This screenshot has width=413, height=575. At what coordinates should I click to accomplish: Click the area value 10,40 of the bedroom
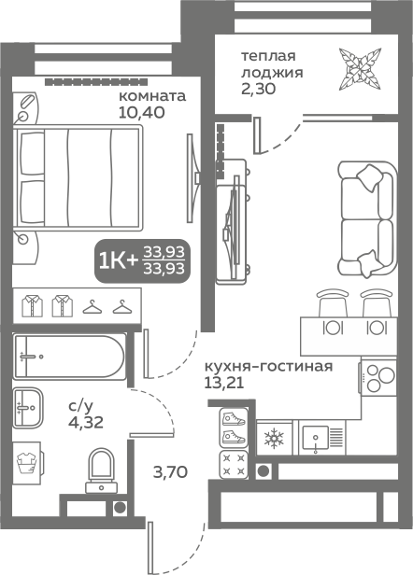coord(142,113)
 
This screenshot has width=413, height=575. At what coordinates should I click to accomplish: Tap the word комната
coord(152,96)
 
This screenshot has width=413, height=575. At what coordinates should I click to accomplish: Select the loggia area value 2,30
coord(258,89)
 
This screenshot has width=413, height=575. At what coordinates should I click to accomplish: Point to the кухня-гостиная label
coord(268,366)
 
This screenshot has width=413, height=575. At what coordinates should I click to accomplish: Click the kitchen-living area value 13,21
coord(224,384)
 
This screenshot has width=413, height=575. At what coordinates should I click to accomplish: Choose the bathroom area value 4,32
coord(86,423)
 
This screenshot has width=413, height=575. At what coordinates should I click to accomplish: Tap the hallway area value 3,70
coord(170,472)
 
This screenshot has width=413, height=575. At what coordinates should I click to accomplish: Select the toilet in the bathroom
coord(101,470)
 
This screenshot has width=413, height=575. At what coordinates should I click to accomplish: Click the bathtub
coord(69,356)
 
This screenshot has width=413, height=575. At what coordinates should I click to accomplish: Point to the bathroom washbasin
coord(28,407)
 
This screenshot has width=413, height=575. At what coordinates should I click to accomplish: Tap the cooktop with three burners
coord(378,377)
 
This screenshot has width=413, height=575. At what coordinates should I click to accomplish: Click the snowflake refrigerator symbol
coord(274,438)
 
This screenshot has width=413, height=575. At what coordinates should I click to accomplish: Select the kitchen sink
coord(315,438)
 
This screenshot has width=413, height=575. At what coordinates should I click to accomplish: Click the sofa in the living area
coord(367,218)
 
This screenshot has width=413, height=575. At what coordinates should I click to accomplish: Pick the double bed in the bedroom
coord(78,178)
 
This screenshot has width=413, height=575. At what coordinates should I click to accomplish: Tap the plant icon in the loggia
coord(360,69)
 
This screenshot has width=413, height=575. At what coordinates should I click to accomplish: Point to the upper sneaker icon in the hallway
coord(234,418)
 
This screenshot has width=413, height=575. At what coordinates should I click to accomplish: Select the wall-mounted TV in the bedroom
coord(193,178)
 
